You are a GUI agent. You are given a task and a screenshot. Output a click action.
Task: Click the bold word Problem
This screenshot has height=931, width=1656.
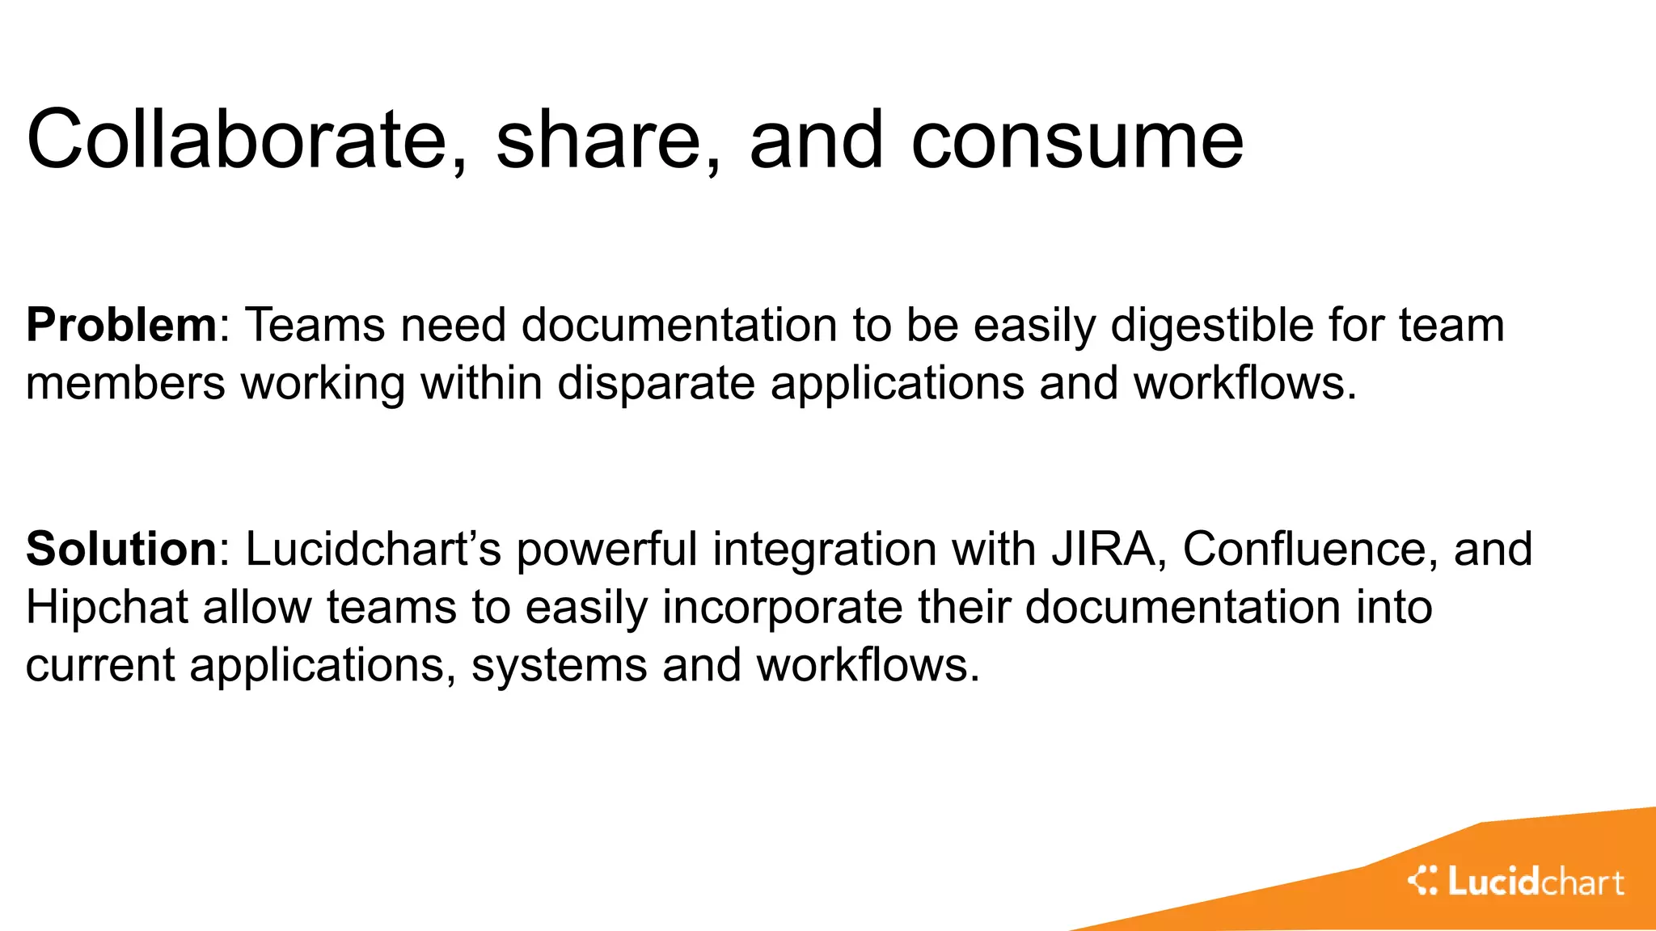click(x=121, y=326)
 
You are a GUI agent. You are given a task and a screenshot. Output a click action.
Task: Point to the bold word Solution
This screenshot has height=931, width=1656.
click(x=121, y=549)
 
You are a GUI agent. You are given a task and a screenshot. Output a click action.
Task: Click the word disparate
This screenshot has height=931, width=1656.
click(x=656, y=383)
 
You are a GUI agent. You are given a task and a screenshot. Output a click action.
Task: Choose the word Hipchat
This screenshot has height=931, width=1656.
click(x=107, y=607)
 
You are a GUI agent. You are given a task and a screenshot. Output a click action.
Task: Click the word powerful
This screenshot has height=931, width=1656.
click(x=606, y=549)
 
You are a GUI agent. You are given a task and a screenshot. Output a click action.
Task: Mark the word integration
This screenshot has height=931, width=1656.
click(x=823, y=550)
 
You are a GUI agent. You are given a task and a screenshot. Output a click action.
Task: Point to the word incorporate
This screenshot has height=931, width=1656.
click(x=782, y=609)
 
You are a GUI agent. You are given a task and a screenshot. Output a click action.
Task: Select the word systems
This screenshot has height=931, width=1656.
click(x=559, y=666)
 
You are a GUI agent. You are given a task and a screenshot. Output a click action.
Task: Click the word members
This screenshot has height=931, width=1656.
click(x=125, y=383)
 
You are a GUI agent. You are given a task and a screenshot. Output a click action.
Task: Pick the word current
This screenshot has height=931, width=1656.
click(x=100, y=666)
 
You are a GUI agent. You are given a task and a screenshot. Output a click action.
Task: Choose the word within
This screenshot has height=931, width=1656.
click(x=481, y=383)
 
